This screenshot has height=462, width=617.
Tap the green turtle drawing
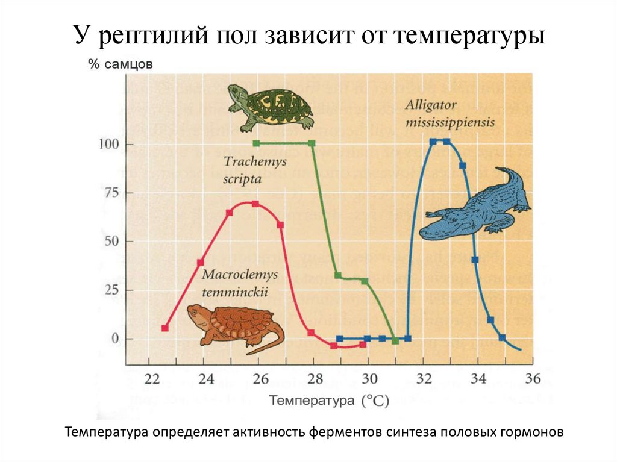271,107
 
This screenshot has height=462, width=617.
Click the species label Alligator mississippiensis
449,113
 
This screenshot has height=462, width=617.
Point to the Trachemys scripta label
246,170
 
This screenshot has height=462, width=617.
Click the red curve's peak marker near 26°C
255,204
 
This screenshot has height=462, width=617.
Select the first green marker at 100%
256,143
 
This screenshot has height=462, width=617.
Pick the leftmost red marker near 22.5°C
165,328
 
